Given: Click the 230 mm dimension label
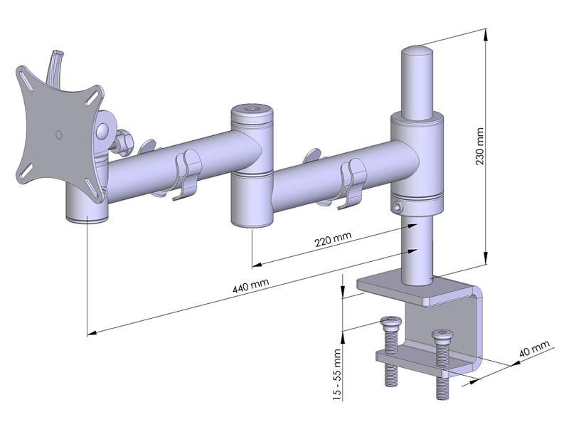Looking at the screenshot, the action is pyautogui.click(x=479, y=146).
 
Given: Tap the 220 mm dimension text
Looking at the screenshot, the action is pyautogui.click(x=333, y=239).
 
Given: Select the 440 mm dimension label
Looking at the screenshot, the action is pyautogui.click(x=251, y=285).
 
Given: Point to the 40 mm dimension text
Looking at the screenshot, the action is pyautogui.click(x=534, y=348).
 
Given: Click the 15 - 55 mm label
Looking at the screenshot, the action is pyautogui.click(x=337, y=375).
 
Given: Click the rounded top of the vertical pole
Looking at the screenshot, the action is pyautogui.click(x=417, y=51).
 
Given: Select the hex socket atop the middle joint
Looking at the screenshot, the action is pyautogui.click(x=252, y=109).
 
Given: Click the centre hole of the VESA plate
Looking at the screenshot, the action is pyautogui.click(x=58, y=135).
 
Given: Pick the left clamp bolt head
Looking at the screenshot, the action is pyautogui.click(x=390, y=322).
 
